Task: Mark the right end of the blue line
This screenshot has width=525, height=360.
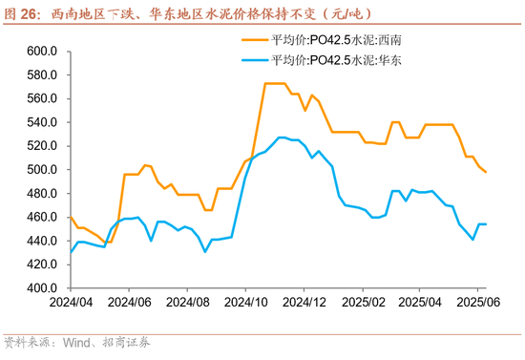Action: [487, 224]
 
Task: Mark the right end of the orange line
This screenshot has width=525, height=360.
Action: [487, 172]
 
